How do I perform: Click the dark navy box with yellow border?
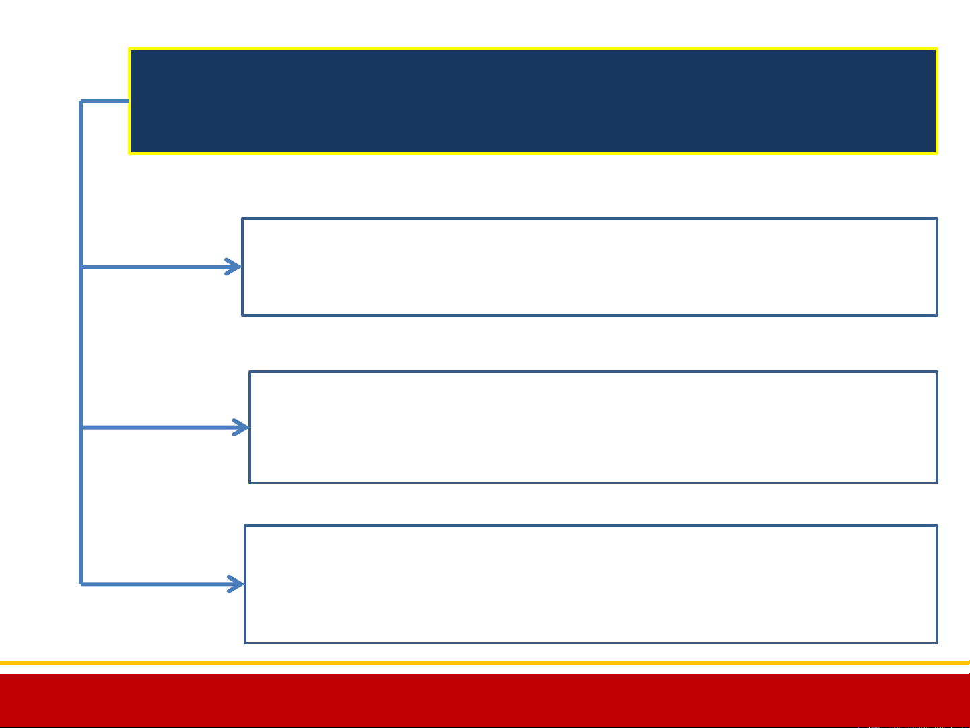(532, 101)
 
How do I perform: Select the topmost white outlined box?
(589, 266)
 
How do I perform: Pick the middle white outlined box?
(593, 427)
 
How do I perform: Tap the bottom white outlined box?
(590, 584)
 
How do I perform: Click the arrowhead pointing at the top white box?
(235, 267)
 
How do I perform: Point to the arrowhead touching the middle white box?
(242, 427)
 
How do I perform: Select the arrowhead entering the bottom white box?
(238, 584)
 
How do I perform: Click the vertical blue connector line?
(81, 343)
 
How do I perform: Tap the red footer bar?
(485, 700)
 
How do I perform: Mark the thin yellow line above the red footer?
(485, 663)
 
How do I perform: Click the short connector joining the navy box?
(105, 102)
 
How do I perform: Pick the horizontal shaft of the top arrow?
(155, 267)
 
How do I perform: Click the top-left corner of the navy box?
(130, 49)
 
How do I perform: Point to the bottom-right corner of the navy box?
(936, 152)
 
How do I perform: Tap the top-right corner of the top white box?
(936, 219)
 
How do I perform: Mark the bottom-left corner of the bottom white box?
(246, 642)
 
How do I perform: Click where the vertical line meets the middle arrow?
(81, 427)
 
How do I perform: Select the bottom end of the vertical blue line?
(81, 583)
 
